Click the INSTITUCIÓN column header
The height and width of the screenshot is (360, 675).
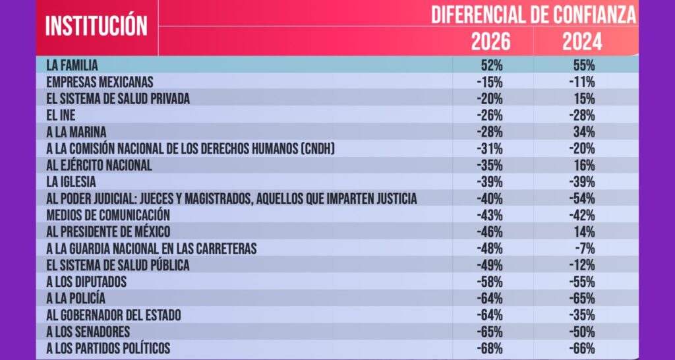(96, 26)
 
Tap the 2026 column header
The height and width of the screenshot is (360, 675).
(490, 42)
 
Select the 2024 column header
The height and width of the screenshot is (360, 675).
(582, 42)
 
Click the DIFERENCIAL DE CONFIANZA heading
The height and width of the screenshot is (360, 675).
(534, 14)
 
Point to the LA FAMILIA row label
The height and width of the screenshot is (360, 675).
(73, 65)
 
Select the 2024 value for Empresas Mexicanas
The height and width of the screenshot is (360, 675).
(583, 82)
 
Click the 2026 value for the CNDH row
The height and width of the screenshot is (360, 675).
(492, 148)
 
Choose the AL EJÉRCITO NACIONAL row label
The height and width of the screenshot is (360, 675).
(100, 165)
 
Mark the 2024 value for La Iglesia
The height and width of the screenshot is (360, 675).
(583, 182)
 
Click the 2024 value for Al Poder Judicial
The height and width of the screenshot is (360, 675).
(583, 198)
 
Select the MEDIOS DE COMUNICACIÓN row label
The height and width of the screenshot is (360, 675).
(109, 215)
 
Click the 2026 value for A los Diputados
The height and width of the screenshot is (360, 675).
(492, 282)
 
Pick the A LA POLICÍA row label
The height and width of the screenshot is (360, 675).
(76, 298)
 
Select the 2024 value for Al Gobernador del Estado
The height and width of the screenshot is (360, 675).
(583, 315)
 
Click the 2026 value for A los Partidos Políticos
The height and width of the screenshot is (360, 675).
(492, 348)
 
